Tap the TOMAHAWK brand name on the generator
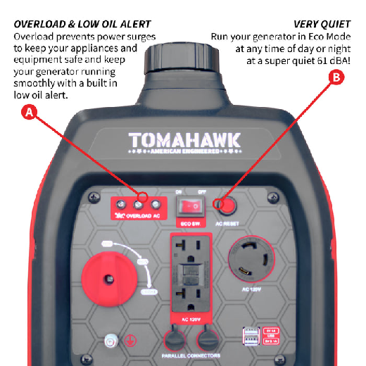(x=184, y=139)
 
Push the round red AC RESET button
(x=227, y=205)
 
